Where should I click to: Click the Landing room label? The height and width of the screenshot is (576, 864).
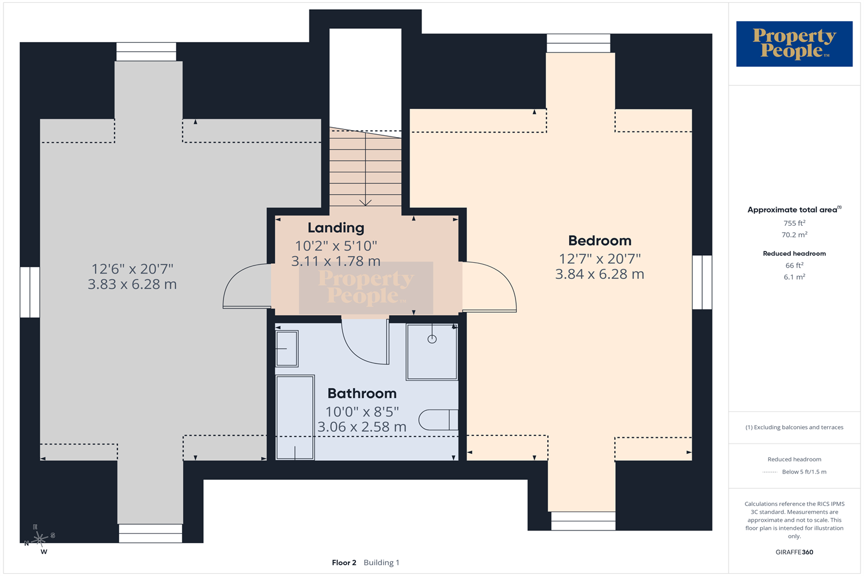(336, 228)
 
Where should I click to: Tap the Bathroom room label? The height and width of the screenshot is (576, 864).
(362, 393)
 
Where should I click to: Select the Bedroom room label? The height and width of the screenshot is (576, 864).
(600, 241)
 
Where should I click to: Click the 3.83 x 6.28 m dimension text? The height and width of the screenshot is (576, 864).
(132, 285)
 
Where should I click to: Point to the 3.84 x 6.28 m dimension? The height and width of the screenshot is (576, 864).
(600, 274)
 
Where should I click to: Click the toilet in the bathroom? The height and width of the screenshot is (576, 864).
(438, 420)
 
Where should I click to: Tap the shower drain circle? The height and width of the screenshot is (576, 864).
(432, 339)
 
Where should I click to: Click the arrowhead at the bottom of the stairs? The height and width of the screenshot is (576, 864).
(365, 203)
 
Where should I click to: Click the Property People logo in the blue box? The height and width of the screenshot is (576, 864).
(794, 44)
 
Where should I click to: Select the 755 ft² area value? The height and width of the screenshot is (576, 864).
(794, 223)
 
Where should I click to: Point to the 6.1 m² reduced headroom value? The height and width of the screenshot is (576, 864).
(794, 277)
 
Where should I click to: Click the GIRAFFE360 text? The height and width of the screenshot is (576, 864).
(794, 552)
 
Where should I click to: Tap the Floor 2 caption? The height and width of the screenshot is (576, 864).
(344, 563)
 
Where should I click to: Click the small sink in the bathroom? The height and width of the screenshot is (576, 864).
(287, 348)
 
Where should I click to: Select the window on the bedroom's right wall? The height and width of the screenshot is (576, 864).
(702, 282)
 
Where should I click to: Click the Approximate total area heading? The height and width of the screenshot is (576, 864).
(794, 210)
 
